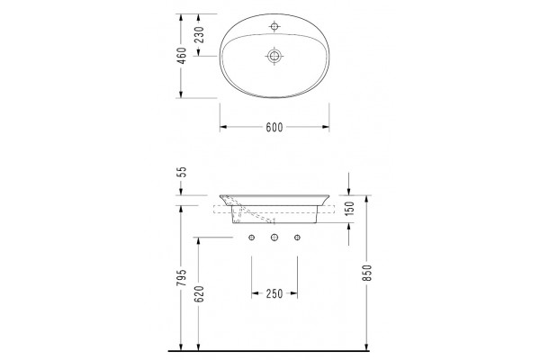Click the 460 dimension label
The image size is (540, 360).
click(181, 56)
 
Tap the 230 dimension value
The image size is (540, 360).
click(199, 34)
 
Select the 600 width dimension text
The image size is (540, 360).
click(274, 128)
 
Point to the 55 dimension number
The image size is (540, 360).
click(182, 172)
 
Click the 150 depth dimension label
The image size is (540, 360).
click(349, 209)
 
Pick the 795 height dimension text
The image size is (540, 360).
click(182, 277)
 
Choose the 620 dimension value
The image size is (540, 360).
click(199, 294)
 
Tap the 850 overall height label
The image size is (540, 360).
click(367, 273)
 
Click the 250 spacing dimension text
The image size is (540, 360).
click(274, 294)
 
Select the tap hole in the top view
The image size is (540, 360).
click(274, 26)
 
